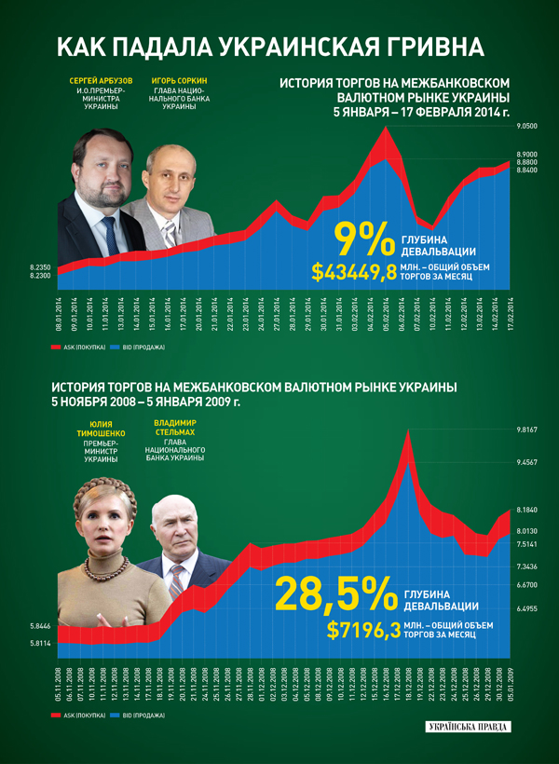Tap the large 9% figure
tap(364, 239)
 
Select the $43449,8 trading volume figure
tap(354, 273)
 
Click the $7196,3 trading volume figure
tap(363, 629)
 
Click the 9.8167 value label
tap(528, 430)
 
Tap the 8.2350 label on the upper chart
tap(39, 267)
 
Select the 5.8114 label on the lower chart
tap(39, 644)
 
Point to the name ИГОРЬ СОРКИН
tap(178, 82)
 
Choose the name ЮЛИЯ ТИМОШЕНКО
tap(97, 428)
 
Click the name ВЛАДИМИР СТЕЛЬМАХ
tap(174, 428)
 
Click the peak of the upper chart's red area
tap(383, 128)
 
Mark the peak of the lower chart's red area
tap(407, 430)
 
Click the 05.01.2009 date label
tap(510, 686)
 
